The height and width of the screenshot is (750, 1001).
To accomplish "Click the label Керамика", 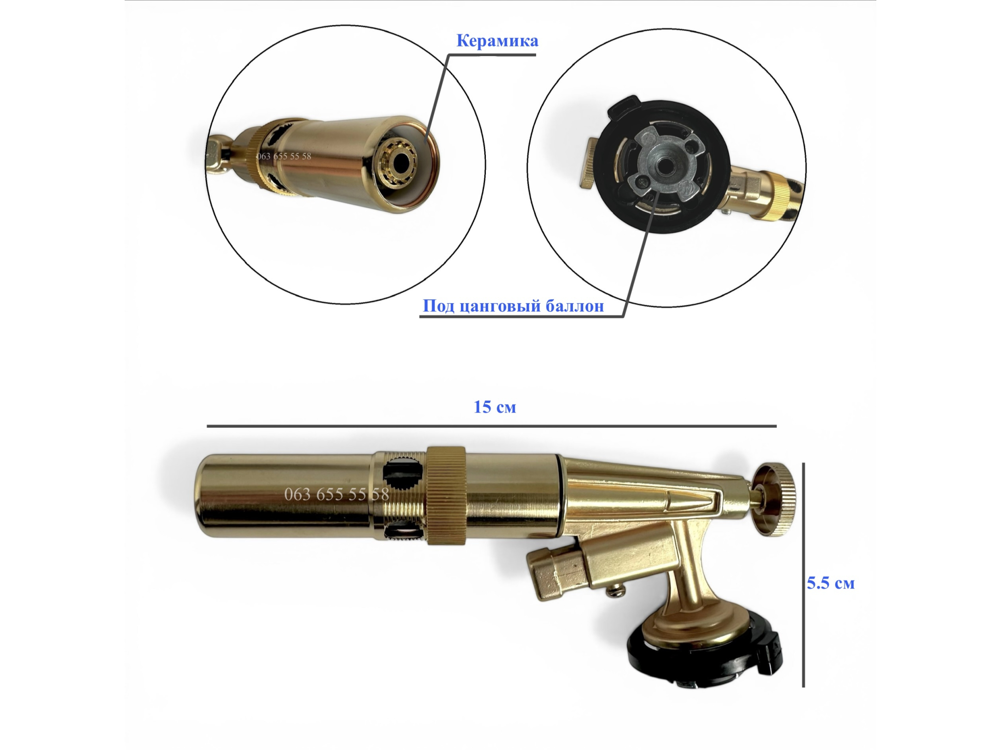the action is point(497,41).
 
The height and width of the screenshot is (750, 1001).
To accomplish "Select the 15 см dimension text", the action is point(495,407).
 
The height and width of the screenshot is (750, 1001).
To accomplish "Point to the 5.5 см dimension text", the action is point(830,583).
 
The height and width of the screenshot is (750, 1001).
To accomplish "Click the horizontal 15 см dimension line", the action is point(492,426).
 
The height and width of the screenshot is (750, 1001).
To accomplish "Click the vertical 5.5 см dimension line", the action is point(803,575).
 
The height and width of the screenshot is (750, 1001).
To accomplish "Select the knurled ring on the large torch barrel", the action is point(446,495).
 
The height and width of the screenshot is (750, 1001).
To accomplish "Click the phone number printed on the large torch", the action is point(336,494).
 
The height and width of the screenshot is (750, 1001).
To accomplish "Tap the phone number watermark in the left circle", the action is point(283,156).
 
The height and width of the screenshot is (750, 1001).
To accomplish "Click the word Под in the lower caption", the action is point(439,306).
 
